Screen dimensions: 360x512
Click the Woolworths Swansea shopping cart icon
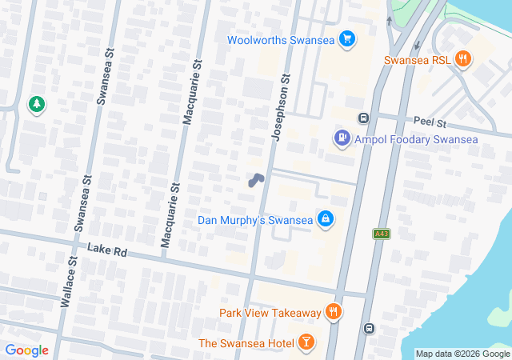point(346,39)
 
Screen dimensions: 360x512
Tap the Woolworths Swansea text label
point(280,39)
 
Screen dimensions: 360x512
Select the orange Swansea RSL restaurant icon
point(462,59)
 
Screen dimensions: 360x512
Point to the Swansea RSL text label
point(417,60)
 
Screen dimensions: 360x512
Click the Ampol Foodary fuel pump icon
point(342,139)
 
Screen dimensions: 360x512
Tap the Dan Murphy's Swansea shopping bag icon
point(325,219)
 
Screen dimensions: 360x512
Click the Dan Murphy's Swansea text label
point(255,220)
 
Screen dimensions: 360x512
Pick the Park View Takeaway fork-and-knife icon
point(334,312)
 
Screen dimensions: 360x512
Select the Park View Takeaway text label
point(270,313)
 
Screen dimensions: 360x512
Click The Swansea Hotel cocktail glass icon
point(306,343)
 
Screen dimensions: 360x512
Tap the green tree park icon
point(36,104)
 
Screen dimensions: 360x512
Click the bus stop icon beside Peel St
point(364,119)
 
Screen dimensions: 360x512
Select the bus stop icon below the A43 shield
point(369,328)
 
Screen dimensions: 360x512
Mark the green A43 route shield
point(381,234)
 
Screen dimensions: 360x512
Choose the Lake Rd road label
point(108,251)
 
